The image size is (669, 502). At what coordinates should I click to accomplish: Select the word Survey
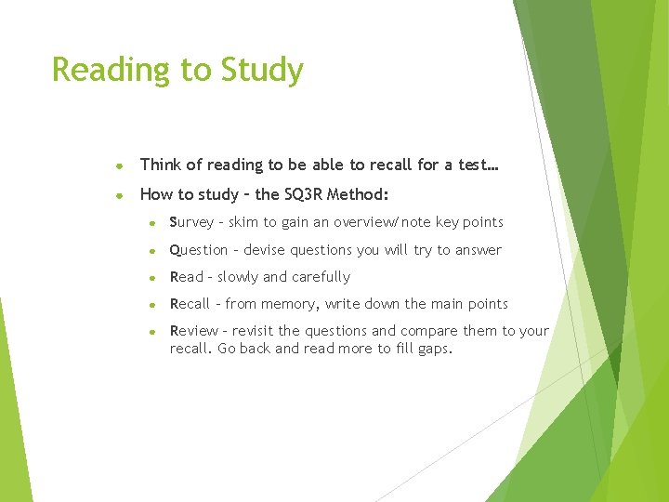pos(193,222)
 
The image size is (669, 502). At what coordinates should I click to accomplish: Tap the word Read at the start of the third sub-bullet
pos(187,277)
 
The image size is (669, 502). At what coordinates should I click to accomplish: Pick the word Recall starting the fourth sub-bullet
pos(190,304)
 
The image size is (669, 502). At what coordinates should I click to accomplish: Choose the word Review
pos(193,331)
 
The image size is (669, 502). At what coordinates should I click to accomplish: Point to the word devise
pos(265,250)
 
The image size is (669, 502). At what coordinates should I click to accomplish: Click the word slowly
pos(238,277)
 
